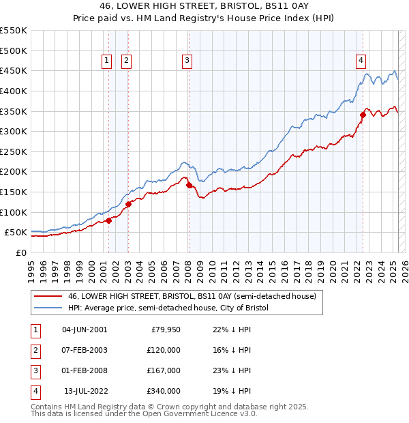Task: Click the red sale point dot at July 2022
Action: pos(363,115)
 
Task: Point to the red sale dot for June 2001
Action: pos(108,220)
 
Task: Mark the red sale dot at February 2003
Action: pos(128,204)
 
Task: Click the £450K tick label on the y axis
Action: pos(14,70)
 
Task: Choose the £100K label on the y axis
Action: pos(14,212)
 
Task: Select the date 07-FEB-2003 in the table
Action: pos(85,350)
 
